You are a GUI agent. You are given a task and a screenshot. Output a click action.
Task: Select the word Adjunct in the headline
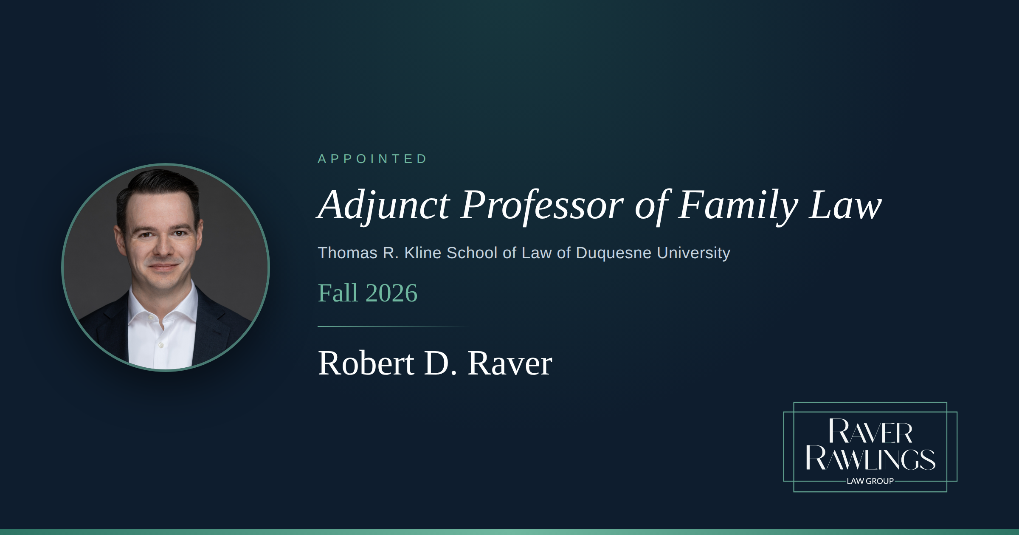click(x=384, y=206)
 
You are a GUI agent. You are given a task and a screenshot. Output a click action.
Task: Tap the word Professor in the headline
click(x=542, y=206)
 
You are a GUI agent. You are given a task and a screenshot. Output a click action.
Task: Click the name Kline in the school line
click(x=423, y=253)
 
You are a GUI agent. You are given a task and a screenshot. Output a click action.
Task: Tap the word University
click(x=693, y=253)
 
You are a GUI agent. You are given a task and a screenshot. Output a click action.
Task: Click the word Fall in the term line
click(x=338, y=293)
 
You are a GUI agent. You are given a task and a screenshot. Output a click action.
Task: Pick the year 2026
click(x=391, y=293)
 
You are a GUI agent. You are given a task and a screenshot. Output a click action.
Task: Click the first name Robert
click(x=366, y=363)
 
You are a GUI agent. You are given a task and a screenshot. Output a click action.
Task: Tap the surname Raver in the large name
click(x=510, y=363)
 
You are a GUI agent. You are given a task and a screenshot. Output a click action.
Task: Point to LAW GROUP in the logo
click(x=870, y=481)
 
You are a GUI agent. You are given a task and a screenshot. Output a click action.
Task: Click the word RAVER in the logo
click(x=870, y=431)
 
